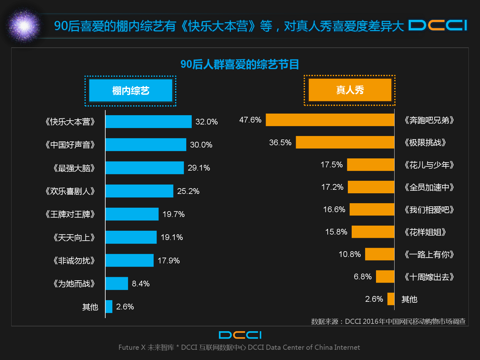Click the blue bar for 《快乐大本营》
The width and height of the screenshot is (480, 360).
[148, 122]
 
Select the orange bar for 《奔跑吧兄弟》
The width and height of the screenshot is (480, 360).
[330, 120]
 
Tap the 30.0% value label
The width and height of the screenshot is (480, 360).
[201, 145]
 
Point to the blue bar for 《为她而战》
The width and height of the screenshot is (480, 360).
[117, 284]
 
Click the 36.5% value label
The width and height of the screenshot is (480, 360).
[280, 142]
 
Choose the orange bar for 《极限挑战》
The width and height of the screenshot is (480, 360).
[345, 142]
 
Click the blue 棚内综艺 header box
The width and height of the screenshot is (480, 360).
[131, 91]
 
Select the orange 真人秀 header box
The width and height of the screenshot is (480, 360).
[350, 90]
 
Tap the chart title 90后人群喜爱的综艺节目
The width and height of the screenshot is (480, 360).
[240, 64]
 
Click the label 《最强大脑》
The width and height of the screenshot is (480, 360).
[74, 168]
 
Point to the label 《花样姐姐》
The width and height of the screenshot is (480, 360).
[425, 232]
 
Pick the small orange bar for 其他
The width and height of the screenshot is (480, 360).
[391, 299]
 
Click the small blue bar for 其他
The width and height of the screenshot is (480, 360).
[109, 307]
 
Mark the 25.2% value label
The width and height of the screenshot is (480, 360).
[188, 191]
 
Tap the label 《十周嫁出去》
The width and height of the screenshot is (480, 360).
[429, 277]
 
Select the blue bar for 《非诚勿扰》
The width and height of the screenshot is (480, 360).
[130, 260]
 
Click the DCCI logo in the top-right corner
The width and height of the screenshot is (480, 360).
[438, 25]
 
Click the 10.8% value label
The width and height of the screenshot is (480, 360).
[349, 254]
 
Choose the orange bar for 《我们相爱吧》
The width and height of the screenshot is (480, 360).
[372, 209]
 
